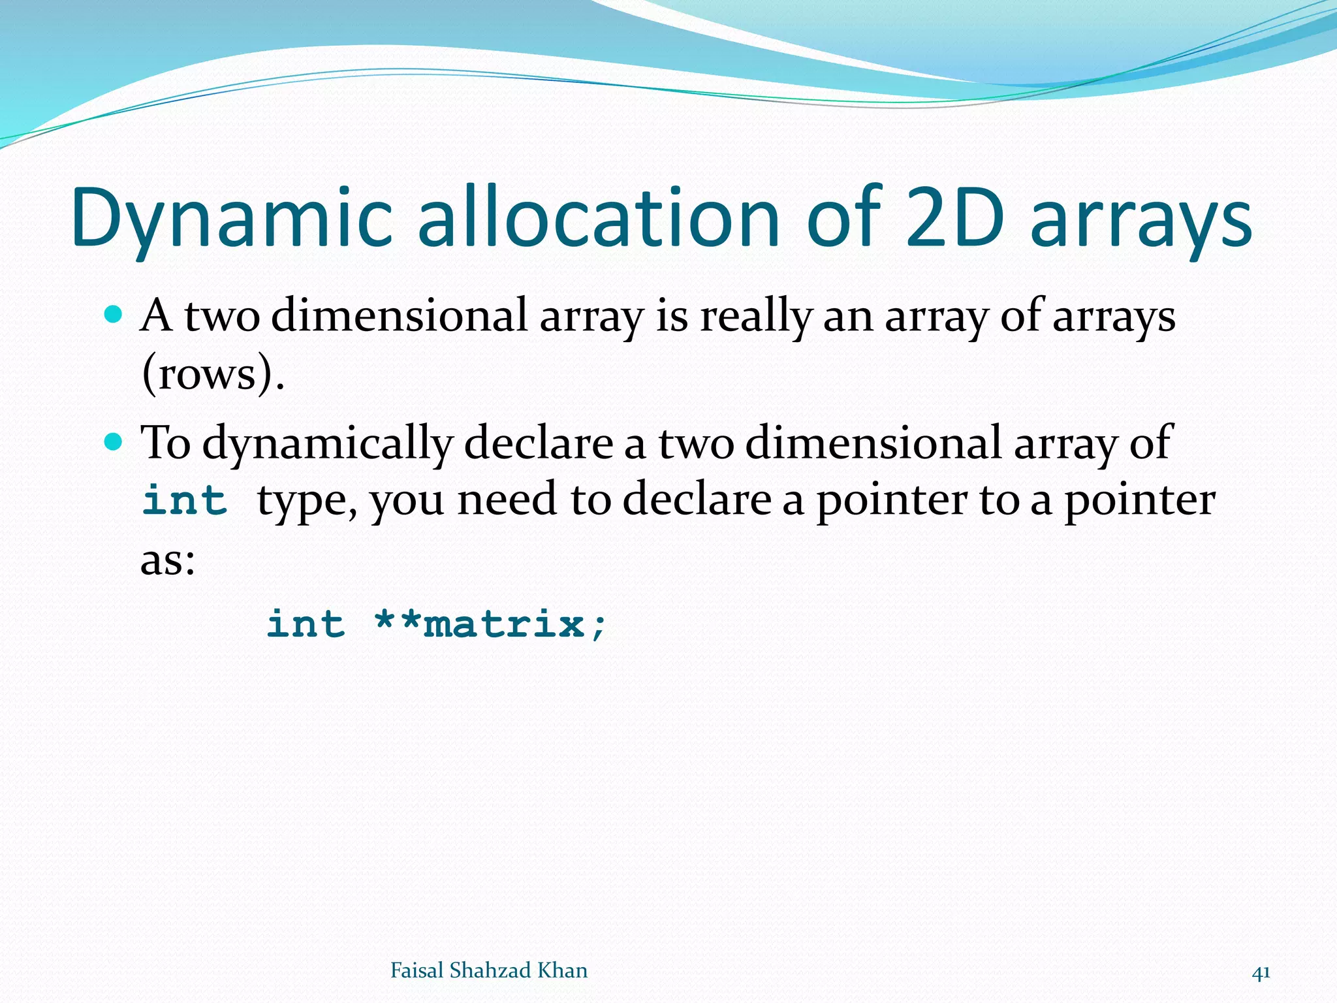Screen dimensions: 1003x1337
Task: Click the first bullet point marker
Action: point(114,315)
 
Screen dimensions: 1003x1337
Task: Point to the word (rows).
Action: point(213,374)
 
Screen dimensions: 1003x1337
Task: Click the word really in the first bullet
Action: point(755,317)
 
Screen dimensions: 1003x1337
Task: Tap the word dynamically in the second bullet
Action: point(327,444)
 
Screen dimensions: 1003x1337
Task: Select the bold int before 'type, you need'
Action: point(185,501)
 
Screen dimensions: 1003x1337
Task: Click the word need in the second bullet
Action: point(507,501)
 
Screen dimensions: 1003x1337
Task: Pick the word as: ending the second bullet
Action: point(168,560)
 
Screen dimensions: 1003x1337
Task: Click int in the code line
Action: point(306,624)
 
